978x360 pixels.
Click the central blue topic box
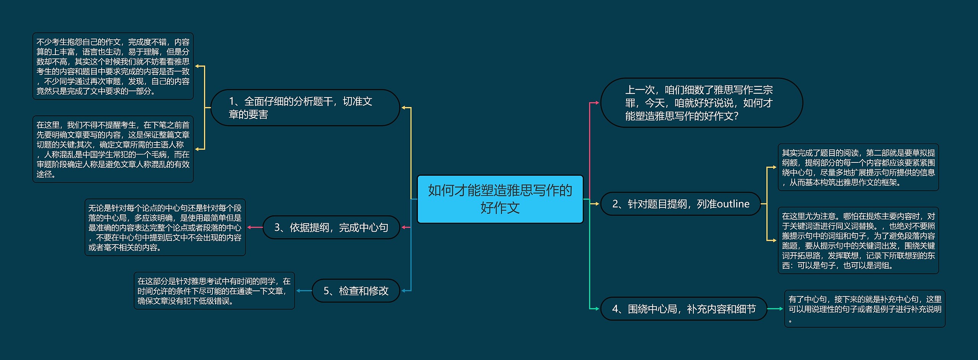[500, 199]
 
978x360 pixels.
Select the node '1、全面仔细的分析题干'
[305, 108]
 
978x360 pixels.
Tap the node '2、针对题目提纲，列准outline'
[680, 204]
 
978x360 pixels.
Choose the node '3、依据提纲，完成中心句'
[331, 228]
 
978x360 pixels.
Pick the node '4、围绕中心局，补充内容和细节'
[683, 309]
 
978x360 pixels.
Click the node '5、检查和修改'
[356, 291]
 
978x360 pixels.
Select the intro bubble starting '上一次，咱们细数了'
[701, 103]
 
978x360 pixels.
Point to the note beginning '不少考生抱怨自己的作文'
[113, 66]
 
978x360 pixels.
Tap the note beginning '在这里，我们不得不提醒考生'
[113, 149]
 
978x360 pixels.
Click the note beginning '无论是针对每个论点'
[165, 227]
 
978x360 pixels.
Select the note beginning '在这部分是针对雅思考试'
[214, 291]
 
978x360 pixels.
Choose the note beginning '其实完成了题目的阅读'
[858, 167]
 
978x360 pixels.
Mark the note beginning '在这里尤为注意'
[858, 240]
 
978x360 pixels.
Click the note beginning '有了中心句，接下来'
[865, 309]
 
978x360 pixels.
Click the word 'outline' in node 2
[733, 204]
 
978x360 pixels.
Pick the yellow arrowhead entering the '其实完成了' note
[774, 167]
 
